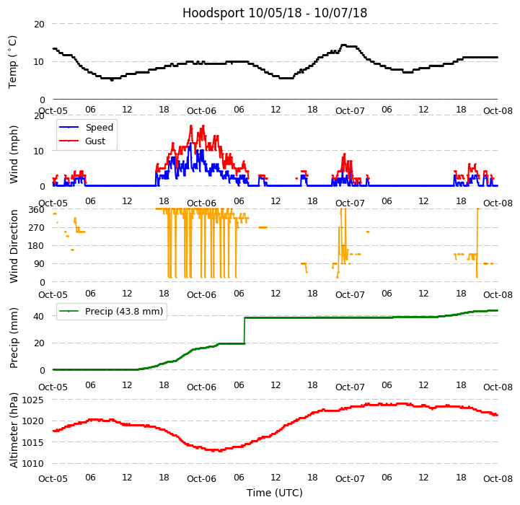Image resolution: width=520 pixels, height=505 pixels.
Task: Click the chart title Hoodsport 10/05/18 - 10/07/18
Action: (275, 13)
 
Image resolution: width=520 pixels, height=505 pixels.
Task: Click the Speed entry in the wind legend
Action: (100, 128)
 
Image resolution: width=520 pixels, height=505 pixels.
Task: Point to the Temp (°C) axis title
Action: (13, 61)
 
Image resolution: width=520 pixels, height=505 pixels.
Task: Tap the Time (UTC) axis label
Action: (275, 493)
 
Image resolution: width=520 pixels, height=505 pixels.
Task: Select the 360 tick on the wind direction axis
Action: (38, 209)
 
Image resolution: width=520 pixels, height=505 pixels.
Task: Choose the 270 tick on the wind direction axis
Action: (38, 227)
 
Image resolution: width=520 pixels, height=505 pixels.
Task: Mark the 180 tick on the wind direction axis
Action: (38, 246)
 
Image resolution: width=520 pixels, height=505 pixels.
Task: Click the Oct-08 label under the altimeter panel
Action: (498, 479)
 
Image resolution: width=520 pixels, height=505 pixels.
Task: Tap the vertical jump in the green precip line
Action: (244, 330)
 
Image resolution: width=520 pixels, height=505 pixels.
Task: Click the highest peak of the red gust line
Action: (191, 126)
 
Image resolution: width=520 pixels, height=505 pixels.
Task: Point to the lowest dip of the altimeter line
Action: (214, 451)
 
